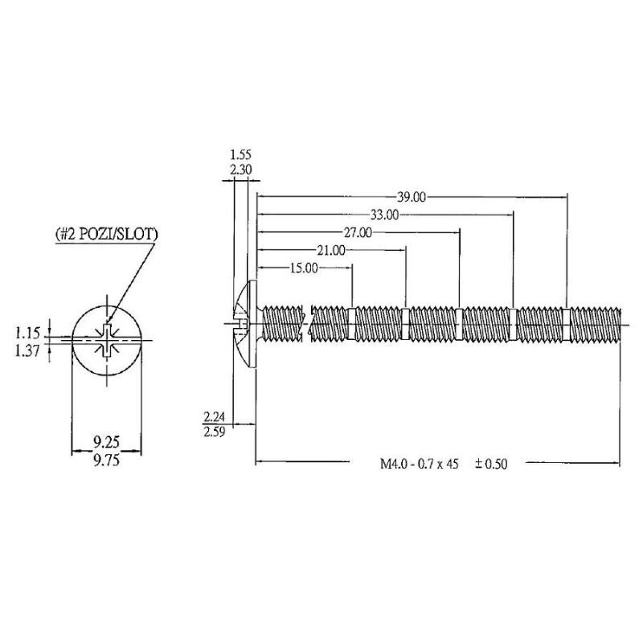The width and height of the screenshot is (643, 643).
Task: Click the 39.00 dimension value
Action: pyautogui.click(x=412, y=197)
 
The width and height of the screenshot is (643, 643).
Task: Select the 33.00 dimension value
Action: pyautogui.click(x=384, y=215)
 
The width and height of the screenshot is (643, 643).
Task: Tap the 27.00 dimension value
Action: pyautogui.click(x=358, y=232)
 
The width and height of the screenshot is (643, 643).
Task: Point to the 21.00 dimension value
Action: pyautogui.click(x=331, y=250)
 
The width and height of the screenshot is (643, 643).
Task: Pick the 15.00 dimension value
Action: pyautogui.click(x=304, y=268)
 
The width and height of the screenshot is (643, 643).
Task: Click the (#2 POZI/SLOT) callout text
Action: pyautogui.click(x=107, y=234)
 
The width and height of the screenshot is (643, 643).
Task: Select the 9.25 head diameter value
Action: pyautogui.click(x=106, y=441)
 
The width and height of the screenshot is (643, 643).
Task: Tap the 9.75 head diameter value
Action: pyautogui.click(x=106, y=461)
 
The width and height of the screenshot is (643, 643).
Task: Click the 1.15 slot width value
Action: pyautogui.click(x=27, y=333)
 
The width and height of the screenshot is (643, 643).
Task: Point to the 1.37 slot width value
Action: pyautogui.click(x=27, y=351)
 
